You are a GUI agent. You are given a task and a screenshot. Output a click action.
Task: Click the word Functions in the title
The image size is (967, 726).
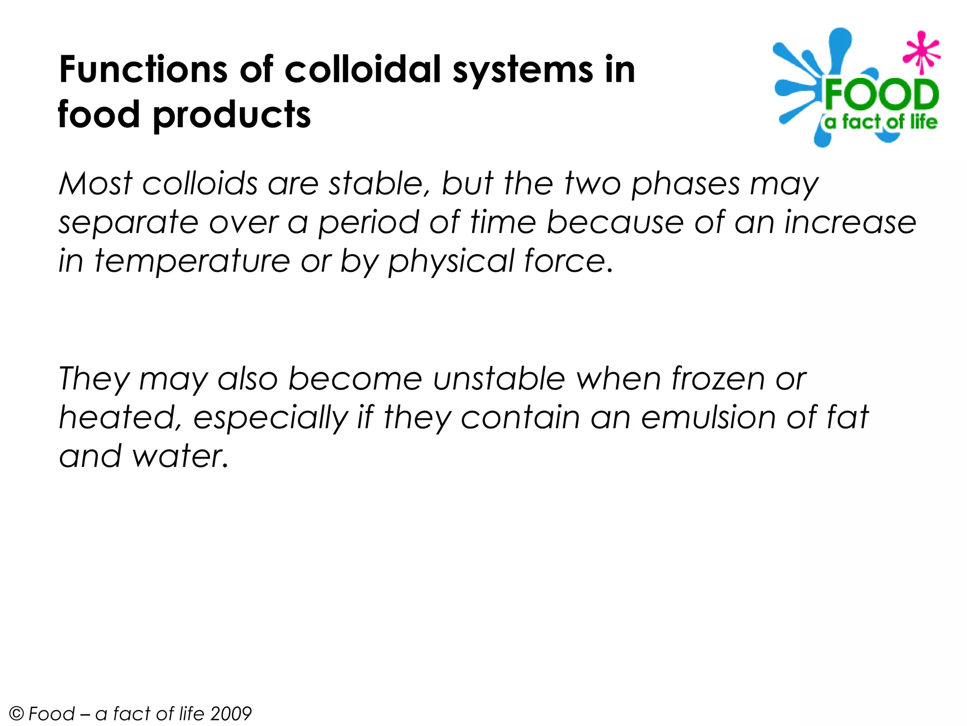coord(143,69)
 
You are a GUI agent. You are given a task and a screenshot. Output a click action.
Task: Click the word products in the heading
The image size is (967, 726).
coord(232,115)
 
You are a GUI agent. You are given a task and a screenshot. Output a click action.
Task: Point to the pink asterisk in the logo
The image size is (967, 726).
coord(921,52)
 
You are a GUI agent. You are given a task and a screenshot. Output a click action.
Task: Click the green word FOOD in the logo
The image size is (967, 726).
coord(881,95)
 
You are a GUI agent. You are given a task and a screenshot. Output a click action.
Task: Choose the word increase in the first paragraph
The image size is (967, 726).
coord(850,222)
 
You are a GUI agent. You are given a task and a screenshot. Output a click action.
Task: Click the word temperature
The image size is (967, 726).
coord(192,262)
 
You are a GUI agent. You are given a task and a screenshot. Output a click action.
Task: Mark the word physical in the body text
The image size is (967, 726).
coord(451,262)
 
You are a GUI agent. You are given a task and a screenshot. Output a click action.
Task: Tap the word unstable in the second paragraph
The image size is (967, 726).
coord(499,379)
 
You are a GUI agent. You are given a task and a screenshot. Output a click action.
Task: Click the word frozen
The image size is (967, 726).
coord(718,379)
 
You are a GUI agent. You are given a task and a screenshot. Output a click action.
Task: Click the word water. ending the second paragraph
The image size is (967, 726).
coord(180,457)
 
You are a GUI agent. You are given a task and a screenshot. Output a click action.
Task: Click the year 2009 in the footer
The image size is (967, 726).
coord(231,713)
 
